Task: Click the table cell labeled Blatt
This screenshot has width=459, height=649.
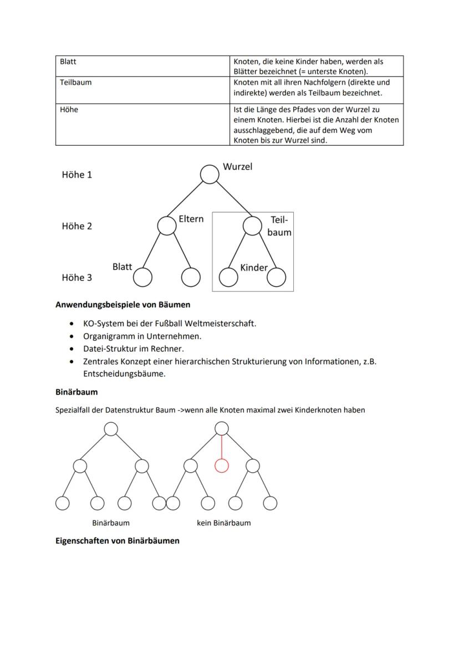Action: click(x=143, y=66)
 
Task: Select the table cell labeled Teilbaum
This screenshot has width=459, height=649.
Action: click(x=143, y=87)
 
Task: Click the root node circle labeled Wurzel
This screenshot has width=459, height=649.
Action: click(x=209, y=174)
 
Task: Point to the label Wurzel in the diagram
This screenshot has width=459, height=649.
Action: click(x=237, y=166)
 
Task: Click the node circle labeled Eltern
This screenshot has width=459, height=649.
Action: click(x=166, y=226)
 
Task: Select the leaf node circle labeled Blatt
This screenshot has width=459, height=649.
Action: click(x=143, y=277)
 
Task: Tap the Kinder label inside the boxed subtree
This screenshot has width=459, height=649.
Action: click(x=254, y=268)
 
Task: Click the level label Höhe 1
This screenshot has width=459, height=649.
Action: click(x=77, y=175)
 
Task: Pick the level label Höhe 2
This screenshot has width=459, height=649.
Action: click(x=77, y=226)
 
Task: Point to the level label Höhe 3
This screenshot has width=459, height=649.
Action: click(x=77, y=278)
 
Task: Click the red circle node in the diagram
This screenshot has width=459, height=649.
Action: click(x=222, y=466)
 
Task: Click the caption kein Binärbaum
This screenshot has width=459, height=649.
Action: click(x=223, y=523)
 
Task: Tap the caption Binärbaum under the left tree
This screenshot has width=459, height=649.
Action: click(x=111, y=523)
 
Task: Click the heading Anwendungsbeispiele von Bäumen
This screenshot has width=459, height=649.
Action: click(x=123, y=304)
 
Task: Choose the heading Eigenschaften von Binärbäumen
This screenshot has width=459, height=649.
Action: click(x=118, y=540)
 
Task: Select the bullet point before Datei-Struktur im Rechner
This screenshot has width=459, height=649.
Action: click(x=71, y=349)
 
